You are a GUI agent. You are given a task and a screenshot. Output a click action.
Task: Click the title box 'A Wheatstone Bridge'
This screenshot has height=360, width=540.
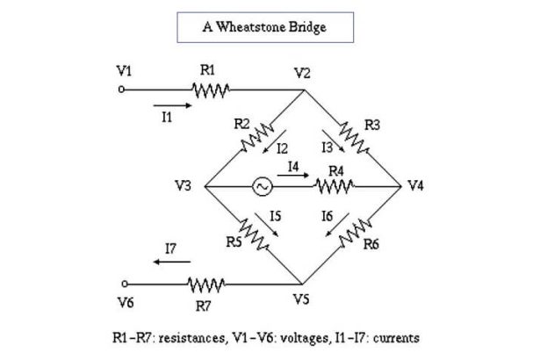coord(265,26)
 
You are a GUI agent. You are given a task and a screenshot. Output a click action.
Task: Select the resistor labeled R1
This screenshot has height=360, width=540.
coord(211,90)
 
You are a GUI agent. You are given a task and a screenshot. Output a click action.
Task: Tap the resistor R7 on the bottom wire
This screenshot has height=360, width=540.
coord(206,284)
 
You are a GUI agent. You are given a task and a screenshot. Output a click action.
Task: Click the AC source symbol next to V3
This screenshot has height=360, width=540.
coord(261,187)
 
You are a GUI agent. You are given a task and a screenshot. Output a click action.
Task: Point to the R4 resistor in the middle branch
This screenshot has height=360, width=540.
coord(334,187)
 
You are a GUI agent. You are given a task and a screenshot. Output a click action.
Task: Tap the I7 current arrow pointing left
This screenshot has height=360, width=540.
coord(169,261)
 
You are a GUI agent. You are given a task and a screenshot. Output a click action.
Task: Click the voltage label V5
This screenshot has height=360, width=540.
coord(301,300)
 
